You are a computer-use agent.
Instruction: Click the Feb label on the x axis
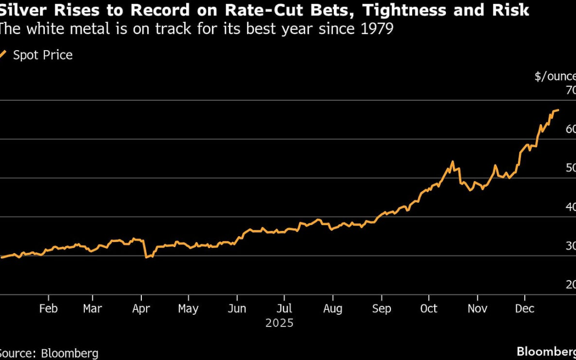tap(49, 309)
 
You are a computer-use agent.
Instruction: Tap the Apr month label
tap(141, 309)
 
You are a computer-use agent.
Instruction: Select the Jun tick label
tap(237, 309)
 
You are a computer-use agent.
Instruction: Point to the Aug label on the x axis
tap(333, 309)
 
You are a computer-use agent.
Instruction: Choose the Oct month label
tap(428, 309)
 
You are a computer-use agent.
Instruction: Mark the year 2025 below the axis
tap(279, 323)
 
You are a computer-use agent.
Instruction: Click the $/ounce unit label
tap(555, 76)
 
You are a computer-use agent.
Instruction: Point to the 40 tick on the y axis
tap(570, 207)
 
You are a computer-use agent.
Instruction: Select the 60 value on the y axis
tap(570, 130)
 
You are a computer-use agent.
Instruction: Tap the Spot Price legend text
tap(43, 55)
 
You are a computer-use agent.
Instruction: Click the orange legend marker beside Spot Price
tap(3, 54)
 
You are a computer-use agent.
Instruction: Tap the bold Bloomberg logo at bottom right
tap(546, 351)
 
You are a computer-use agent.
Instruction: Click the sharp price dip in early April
tap(146, 257)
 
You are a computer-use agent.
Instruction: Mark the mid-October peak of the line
tap(452, 162)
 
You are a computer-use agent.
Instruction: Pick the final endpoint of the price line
tap(558, 110)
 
